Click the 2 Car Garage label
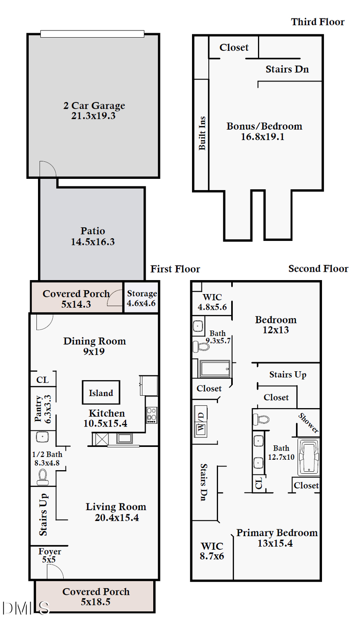coord(94,106)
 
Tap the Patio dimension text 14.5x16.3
coord(93,242)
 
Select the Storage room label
coord(142,294)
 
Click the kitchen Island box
coord(101,393)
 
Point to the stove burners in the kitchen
coord(152,415)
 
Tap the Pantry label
coord(38,409)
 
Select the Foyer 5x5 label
coord(50,555)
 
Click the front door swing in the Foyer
coord(55,572)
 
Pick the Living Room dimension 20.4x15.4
coord(117,518)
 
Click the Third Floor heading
coord(318,22)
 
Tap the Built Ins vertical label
coord(202,133)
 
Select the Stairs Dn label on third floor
coord(287,69)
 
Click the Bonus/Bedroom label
coord(264,126)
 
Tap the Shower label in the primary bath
coord(308,423)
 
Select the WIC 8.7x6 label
coord(212,551)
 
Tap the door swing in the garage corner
coord(47,169)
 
